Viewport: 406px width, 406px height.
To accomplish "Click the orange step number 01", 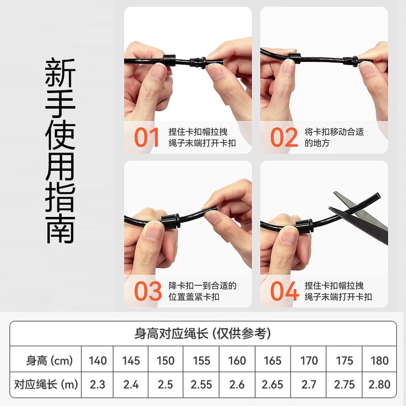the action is tap(147, 137).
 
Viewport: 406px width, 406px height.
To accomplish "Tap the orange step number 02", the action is tap(284, 137).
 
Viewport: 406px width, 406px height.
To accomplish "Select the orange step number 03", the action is tap(148, 291).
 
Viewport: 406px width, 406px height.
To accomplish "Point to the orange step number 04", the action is tap(285, 291).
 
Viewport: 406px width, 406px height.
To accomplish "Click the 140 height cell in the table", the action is tap(98, 361).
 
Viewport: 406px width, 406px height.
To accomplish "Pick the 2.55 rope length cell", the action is tap(201, 385).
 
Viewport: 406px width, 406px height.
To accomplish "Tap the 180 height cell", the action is tap(380, 361).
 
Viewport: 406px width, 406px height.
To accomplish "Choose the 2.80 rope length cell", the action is tap(379, 385).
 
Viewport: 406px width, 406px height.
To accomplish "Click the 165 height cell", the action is tap(272, 361).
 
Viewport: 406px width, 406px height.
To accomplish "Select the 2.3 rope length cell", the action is tap(97, 385).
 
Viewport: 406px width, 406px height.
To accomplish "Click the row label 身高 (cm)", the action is tap(49, 361).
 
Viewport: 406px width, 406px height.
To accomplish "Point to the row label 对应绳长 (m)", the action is tap(46, 385).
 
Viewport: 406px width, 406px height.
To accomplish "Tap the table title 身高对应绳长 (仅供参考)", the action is tap(203, 334).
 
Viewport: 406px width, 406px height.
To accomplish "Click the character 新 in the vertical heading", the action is tap(60, 73).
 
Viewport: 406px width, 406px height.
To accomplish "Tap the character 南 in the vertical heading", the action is tap(60, 229).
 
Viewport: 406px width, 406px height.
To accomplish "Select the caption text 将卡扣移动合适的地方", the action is tap(334, 137).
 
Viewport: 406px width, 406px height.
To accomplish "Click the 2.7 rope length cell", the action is tap(309, 385).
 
